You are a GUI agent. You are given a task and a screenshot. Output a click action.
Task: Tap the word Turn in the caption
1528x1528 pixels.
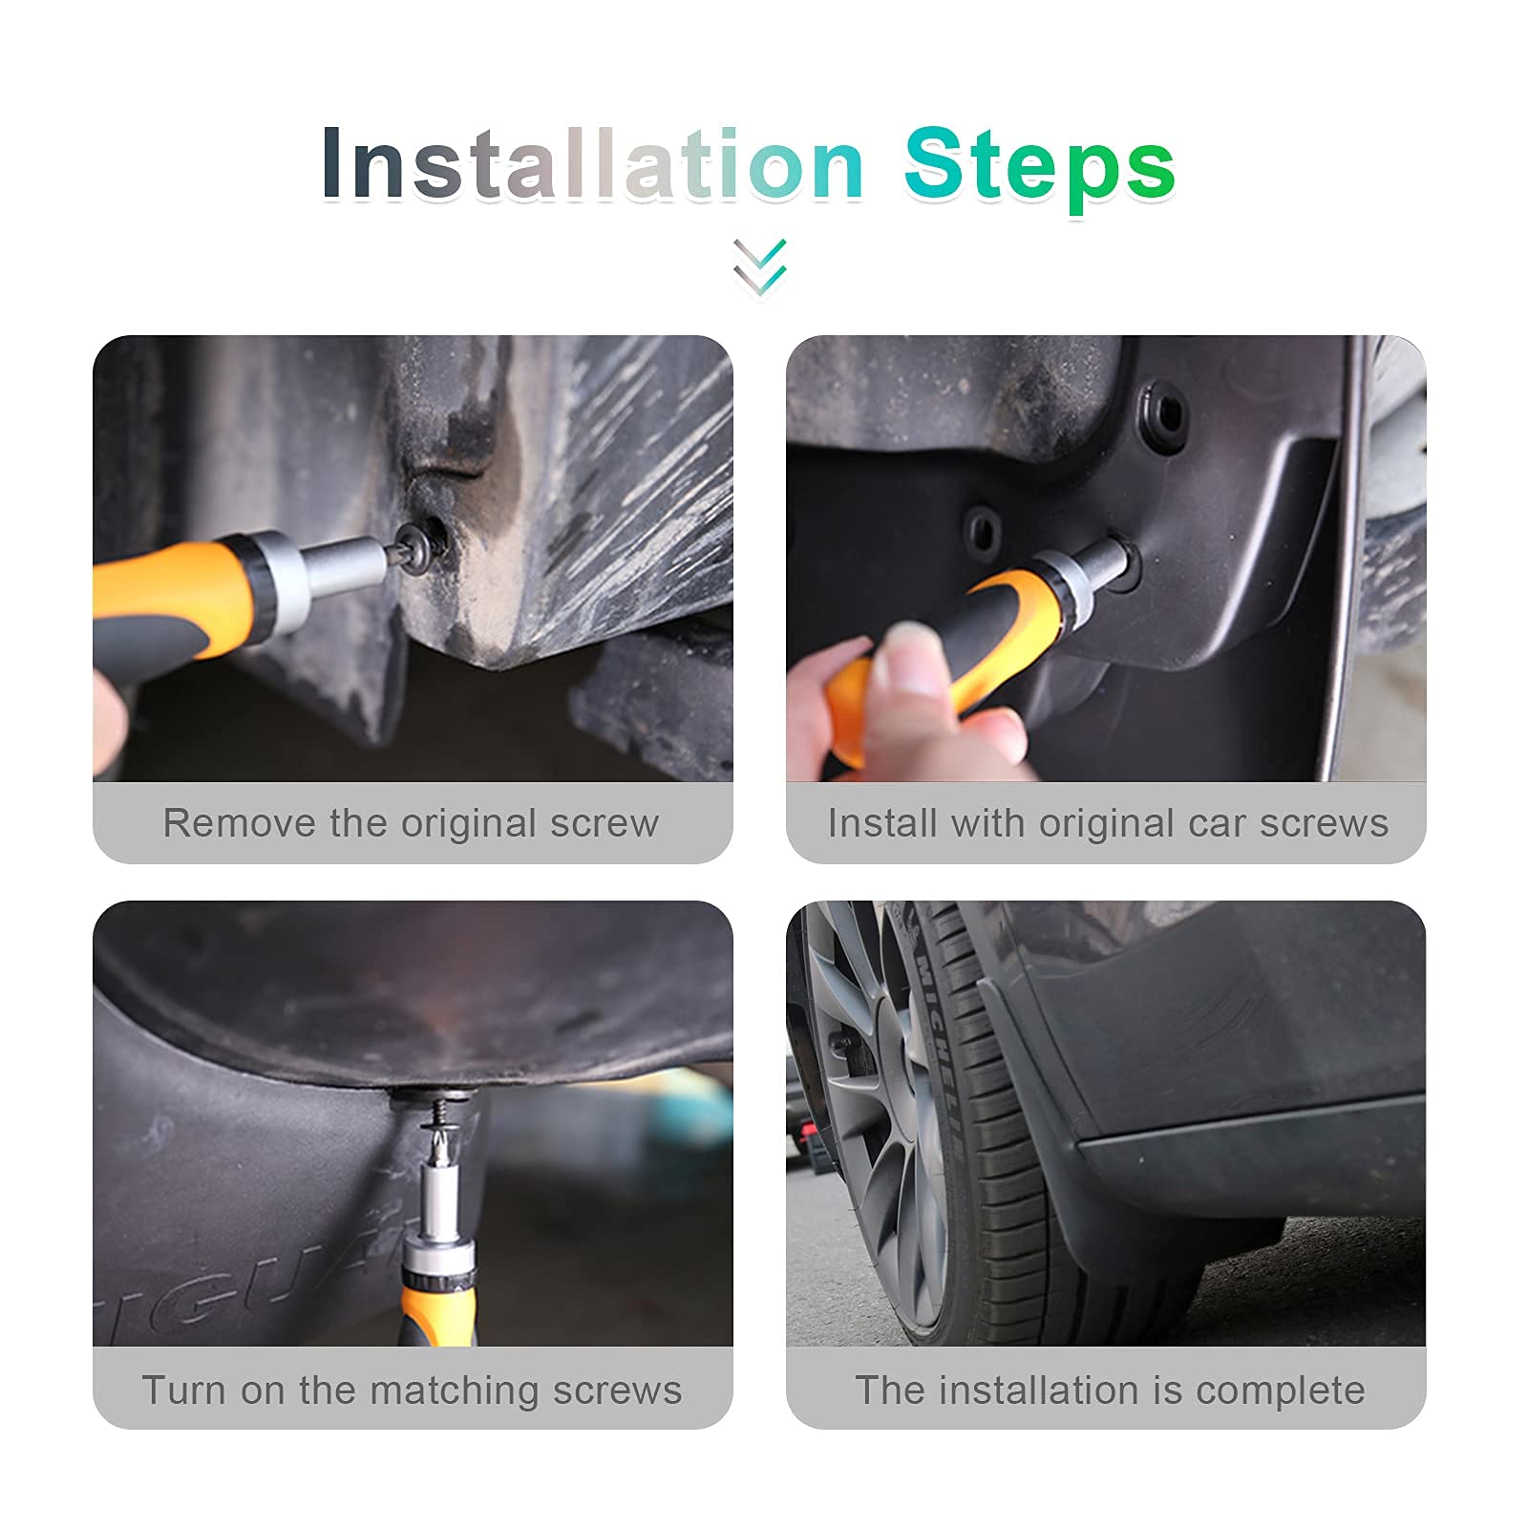click(186, 1390)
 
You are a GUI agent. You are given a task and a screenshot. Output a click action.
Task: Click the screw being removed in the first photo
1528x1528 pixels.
click(421, 548)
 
